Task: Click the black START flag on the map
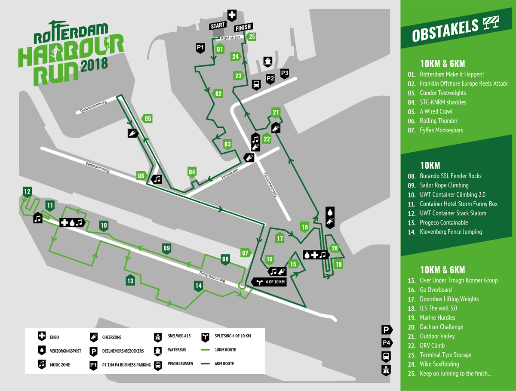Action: click(x=218, y=26)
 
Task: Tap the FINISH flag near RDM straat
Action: click(x=243, y=28)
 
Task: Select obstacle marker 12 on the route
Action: click(x=28, y=192)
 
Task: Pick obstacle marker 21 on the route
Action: click(x=276, y=113)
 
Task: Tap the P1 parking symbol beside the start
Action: click(x=200, y=47)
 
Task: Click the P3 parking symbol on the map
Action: click(x=284, y=74)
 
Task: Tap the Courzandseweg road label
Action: click(x=270, y=185)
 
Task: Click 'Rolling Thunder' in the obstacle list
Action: click(x=438, y=121)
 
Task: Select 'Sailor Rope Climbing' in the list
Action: click(x=444, y=185)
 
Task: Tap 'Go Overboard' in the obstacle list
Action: click(x=436, y=290)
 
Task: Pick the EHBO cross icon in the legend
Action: click(x=42, y=336)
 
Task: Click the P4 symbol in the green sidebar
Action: click(x=387, y=343)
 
